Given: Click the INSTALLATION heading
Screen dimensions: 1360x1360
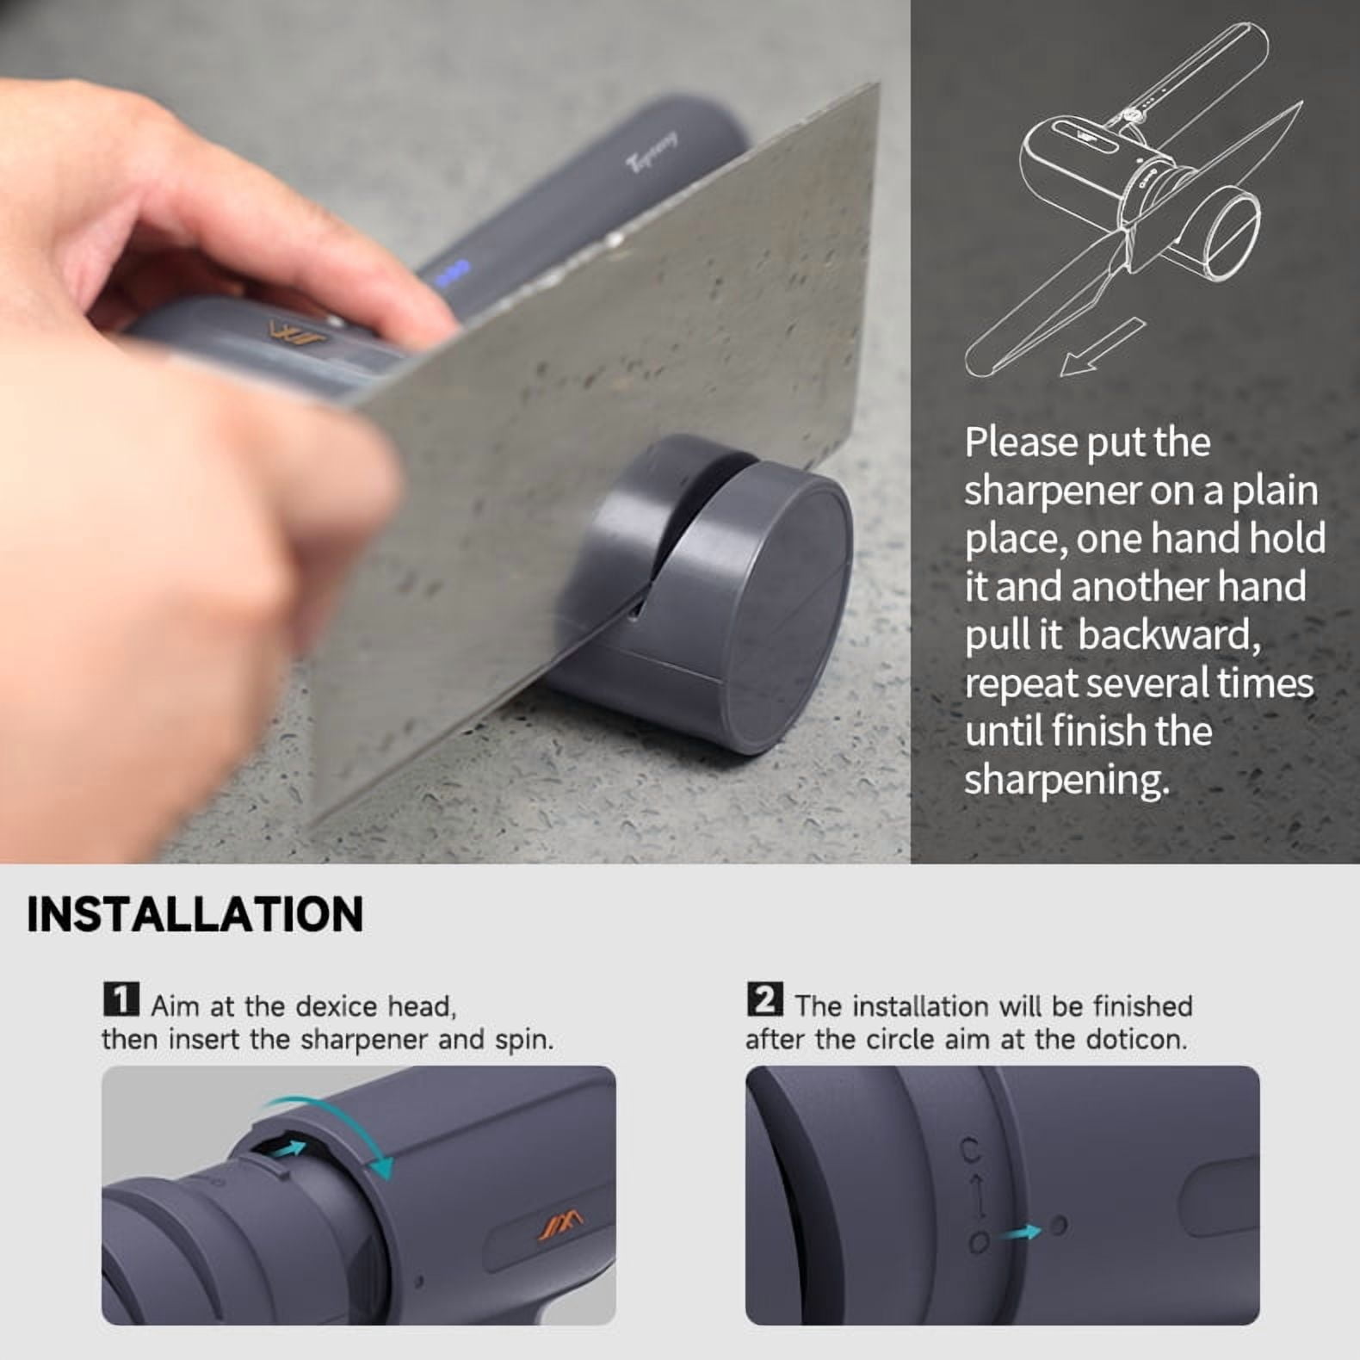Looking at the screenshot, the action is [195, 914].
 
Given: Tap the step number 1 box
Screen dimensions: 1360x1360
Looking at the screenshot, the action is [121, 1000].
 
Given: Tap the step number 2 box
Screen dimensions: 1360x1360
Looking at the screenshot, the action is [765, 1000].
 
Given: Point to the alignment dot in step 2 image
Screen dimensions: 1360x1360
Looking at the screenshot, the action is [1059, 1225].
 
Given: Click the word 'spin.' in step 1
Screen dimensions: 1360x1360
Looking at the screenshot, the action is [524, 1041].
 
